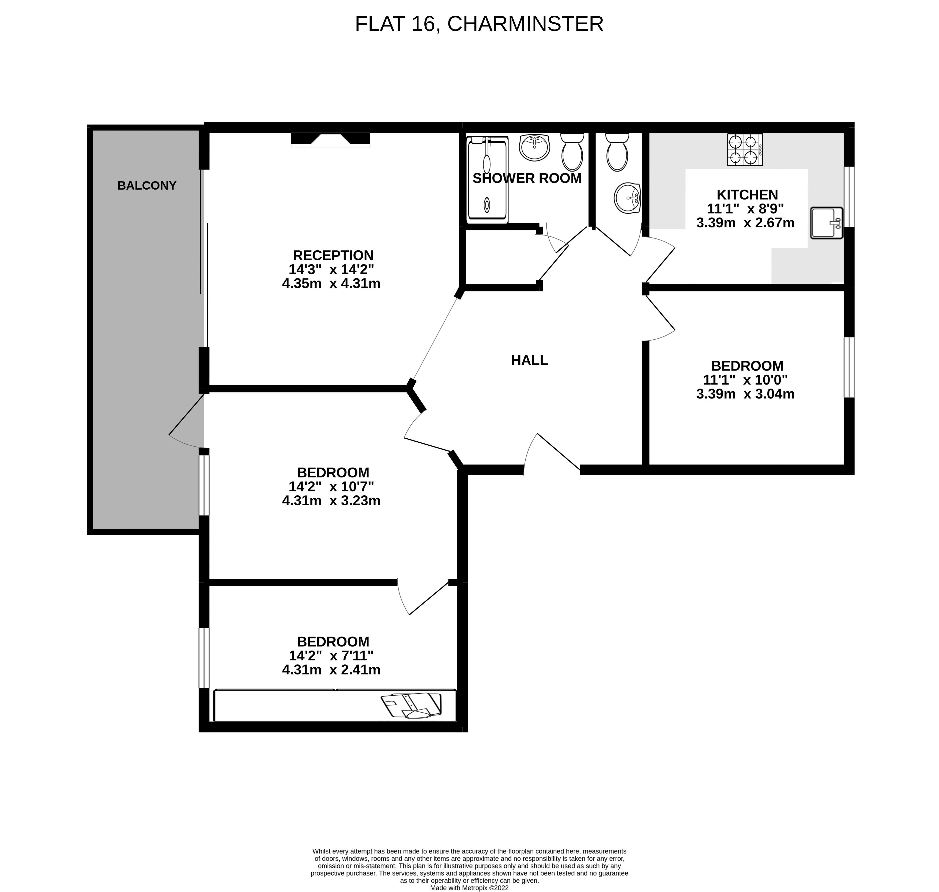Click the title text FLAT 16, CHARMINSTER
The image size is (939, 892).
479,24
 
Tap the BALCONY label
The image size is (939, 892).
147,185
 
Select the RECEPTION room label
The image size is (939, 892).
333,255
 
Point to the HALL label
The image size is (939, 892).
529,360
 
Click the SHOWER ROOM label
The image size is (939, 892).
527,178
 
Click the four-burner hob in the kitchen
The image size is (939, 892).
745,149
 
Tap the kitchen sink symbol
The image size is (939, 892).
826,223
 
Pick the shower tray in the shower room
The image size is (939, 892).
487,180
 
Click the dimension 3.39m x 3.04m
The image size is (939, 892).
745,394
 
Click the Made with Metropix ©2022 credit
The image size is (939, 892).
469,887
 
